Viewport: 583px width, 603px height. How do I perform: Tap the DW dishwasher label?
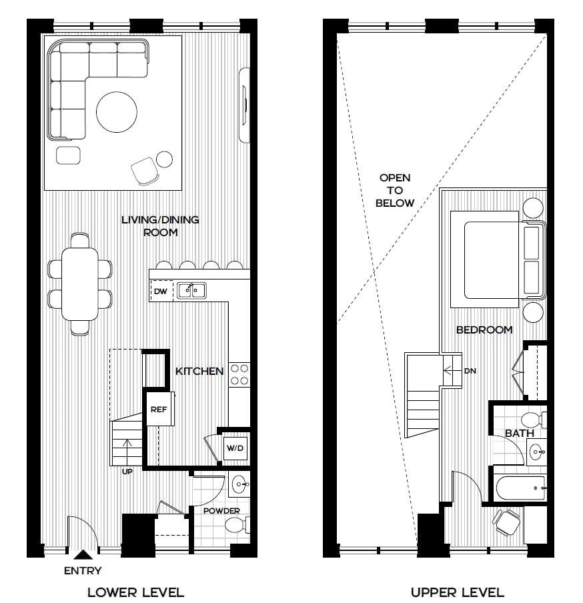[160, 291]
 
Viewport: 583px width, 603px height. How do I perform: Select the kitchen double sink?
[191, 290]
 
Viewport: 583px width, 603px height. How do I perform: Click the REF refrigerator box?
[159, 409]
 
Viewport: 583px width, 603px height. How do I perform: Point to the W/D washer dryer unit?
[235, 448]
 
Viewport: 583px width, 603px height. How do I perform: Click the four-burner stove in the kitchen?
[239, 375]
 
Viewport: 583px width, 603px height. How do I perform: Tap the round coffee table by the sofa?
[117, 112]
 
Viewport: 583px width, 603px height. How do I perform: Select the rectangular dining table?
[79, 283]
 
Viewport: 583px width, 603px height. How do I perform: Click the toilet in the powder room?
[236, 524]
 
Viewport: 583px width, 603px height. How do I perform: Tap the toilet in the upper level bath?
[534, 420]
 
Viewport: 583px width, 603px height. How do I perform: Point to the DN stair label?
[470, 371]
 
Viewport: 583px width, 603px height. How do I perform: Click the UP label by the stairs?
[127, 472]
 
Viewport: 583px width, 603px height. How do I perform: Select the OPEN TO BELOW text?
[395, 190]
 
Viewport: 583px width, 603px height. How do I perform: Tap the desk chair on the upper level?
[506, 522]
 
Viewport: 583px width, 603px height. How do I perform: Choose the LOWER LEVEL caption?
[136, 592]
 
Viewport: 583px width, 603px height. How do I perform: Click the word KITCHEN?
[199, 371]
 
